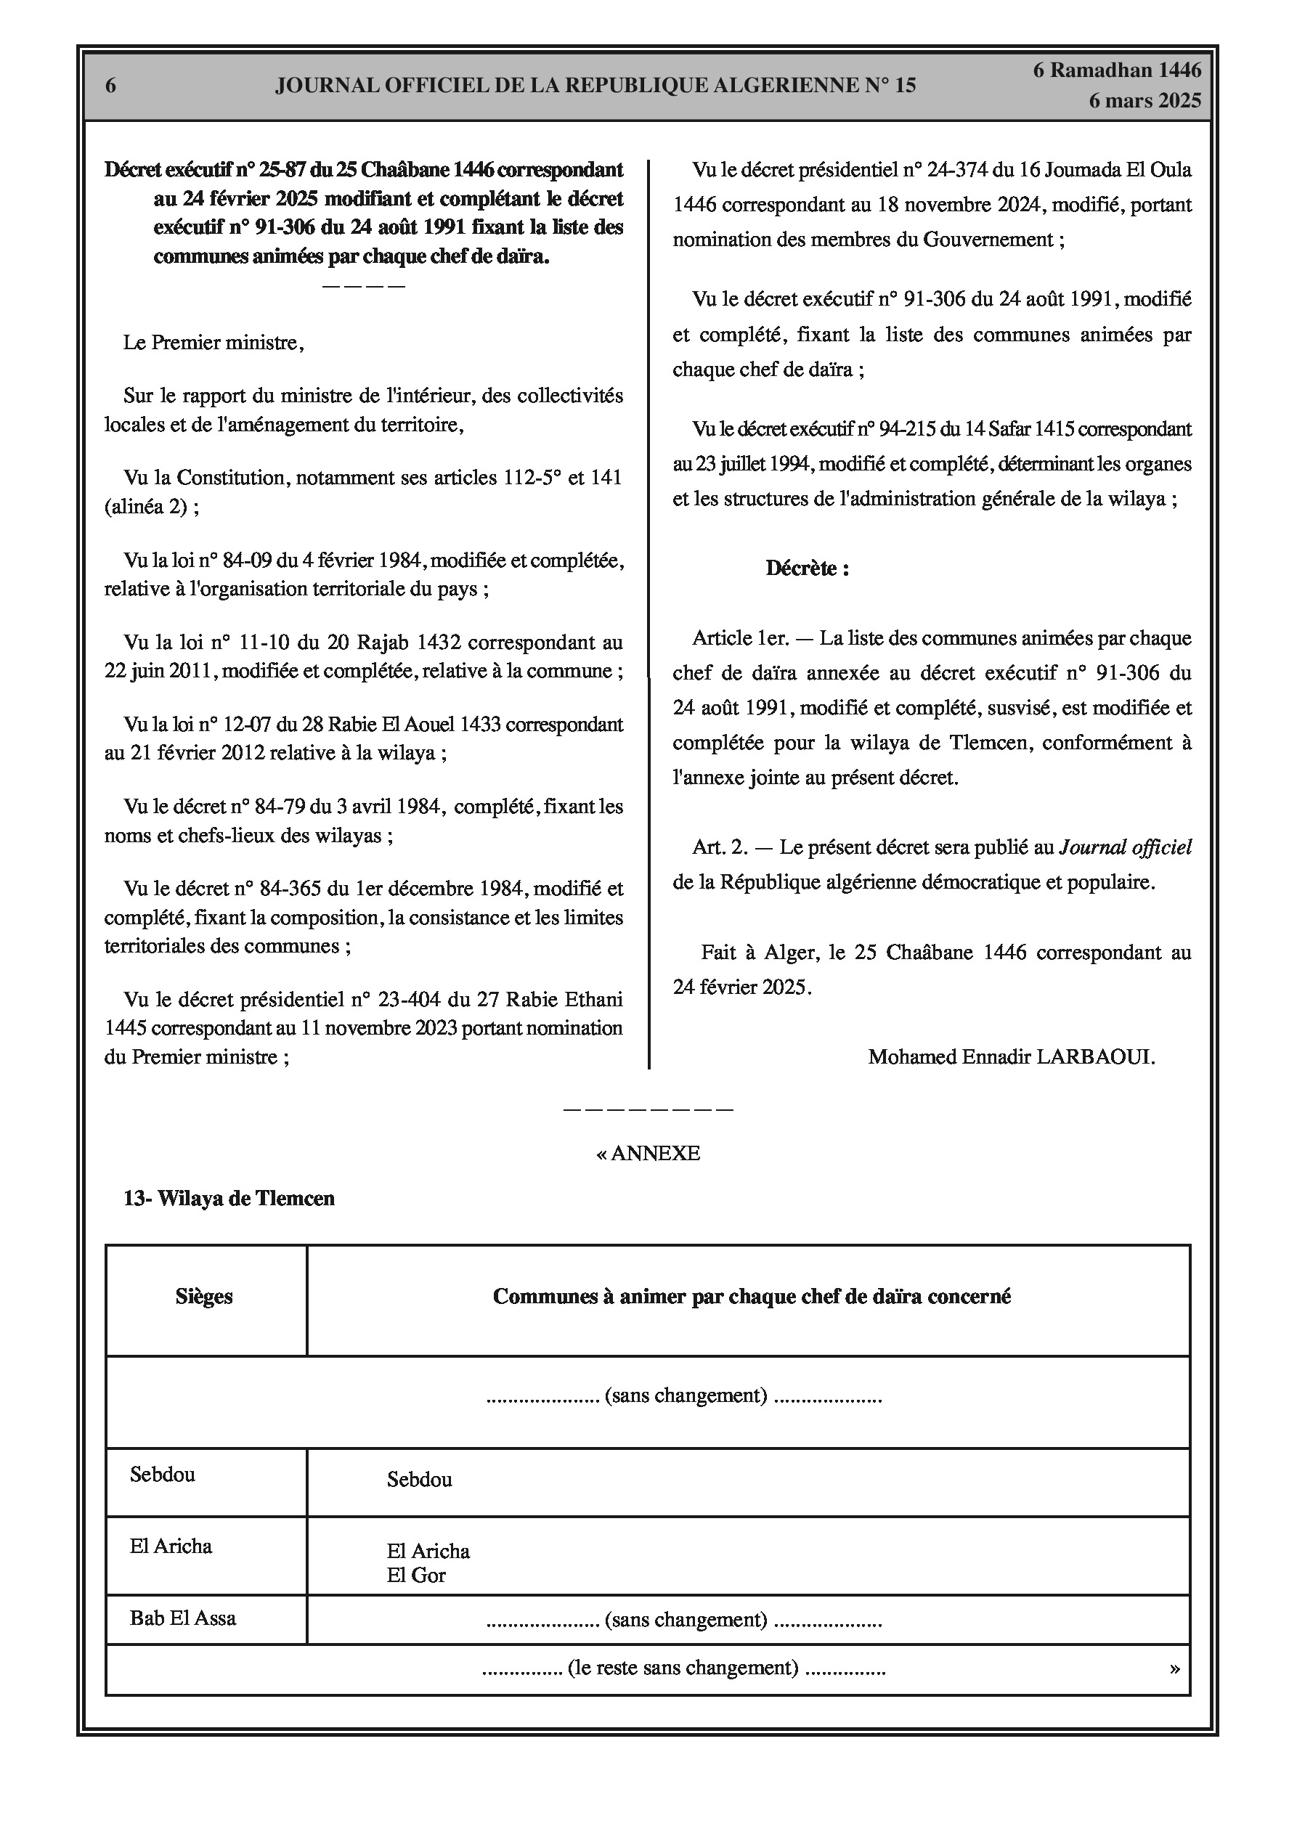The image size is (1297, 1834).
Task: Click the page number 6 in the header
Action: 111,86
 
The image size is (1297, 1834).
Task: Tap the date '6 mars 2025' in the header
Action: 1144,101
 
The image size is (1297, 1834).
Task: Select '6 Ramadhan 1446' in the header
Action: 1116,70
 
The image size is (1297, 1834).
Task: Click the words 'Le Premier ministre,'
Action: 214,343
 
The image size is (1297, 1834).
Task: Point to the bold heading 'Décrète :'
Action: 807,568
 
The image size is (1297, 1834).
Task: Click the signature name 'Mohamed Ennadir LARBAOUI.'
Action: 1011,1057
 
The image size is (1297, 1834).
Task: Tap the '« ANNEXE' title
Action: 648,1154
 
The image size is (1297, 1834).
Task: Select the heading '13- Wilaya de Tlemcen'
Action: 229,1198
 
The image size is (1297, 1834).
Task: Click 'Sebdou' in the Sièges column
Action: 162,1474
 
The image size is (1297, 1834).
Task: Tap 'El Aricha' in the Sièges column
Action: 171,1546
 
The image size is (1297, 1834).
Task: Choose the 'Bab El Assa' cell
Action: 183,1618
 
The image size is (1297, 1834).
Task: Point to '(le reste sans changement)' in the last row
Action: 683,1667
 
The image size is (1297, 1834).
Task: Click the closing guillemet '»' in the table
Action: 1174,1668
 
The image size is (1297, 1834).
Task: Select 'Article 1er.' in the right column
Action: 741,638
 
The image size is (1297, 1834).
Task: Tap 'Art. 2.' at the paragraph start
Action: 719,847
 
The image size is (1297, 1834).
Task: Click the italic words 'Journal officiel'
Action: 1124,847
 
